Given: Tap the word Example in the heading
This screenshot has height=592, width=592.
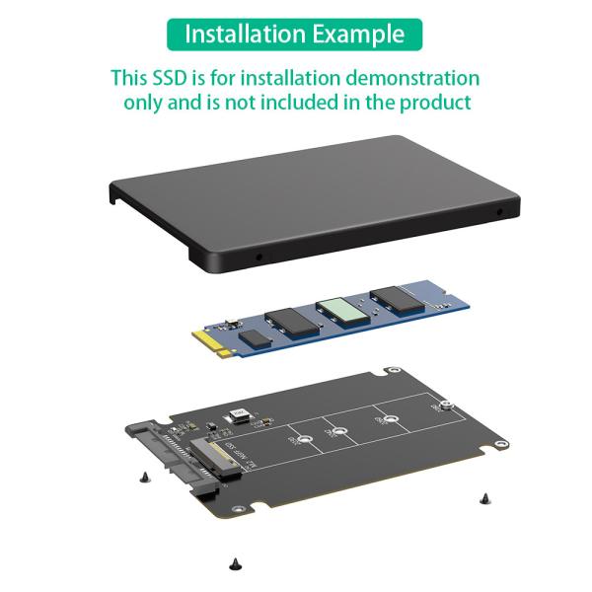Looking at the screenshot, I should point(356,34).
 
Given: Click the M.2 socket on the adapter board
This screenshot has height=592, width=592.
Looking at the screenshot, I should point(226,456).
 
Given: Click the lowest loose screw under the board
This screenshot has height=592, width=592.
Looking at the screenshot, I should point(235,563).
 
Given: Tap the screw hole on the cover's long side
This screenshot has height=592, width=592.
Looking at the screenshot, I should point(259,256).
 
